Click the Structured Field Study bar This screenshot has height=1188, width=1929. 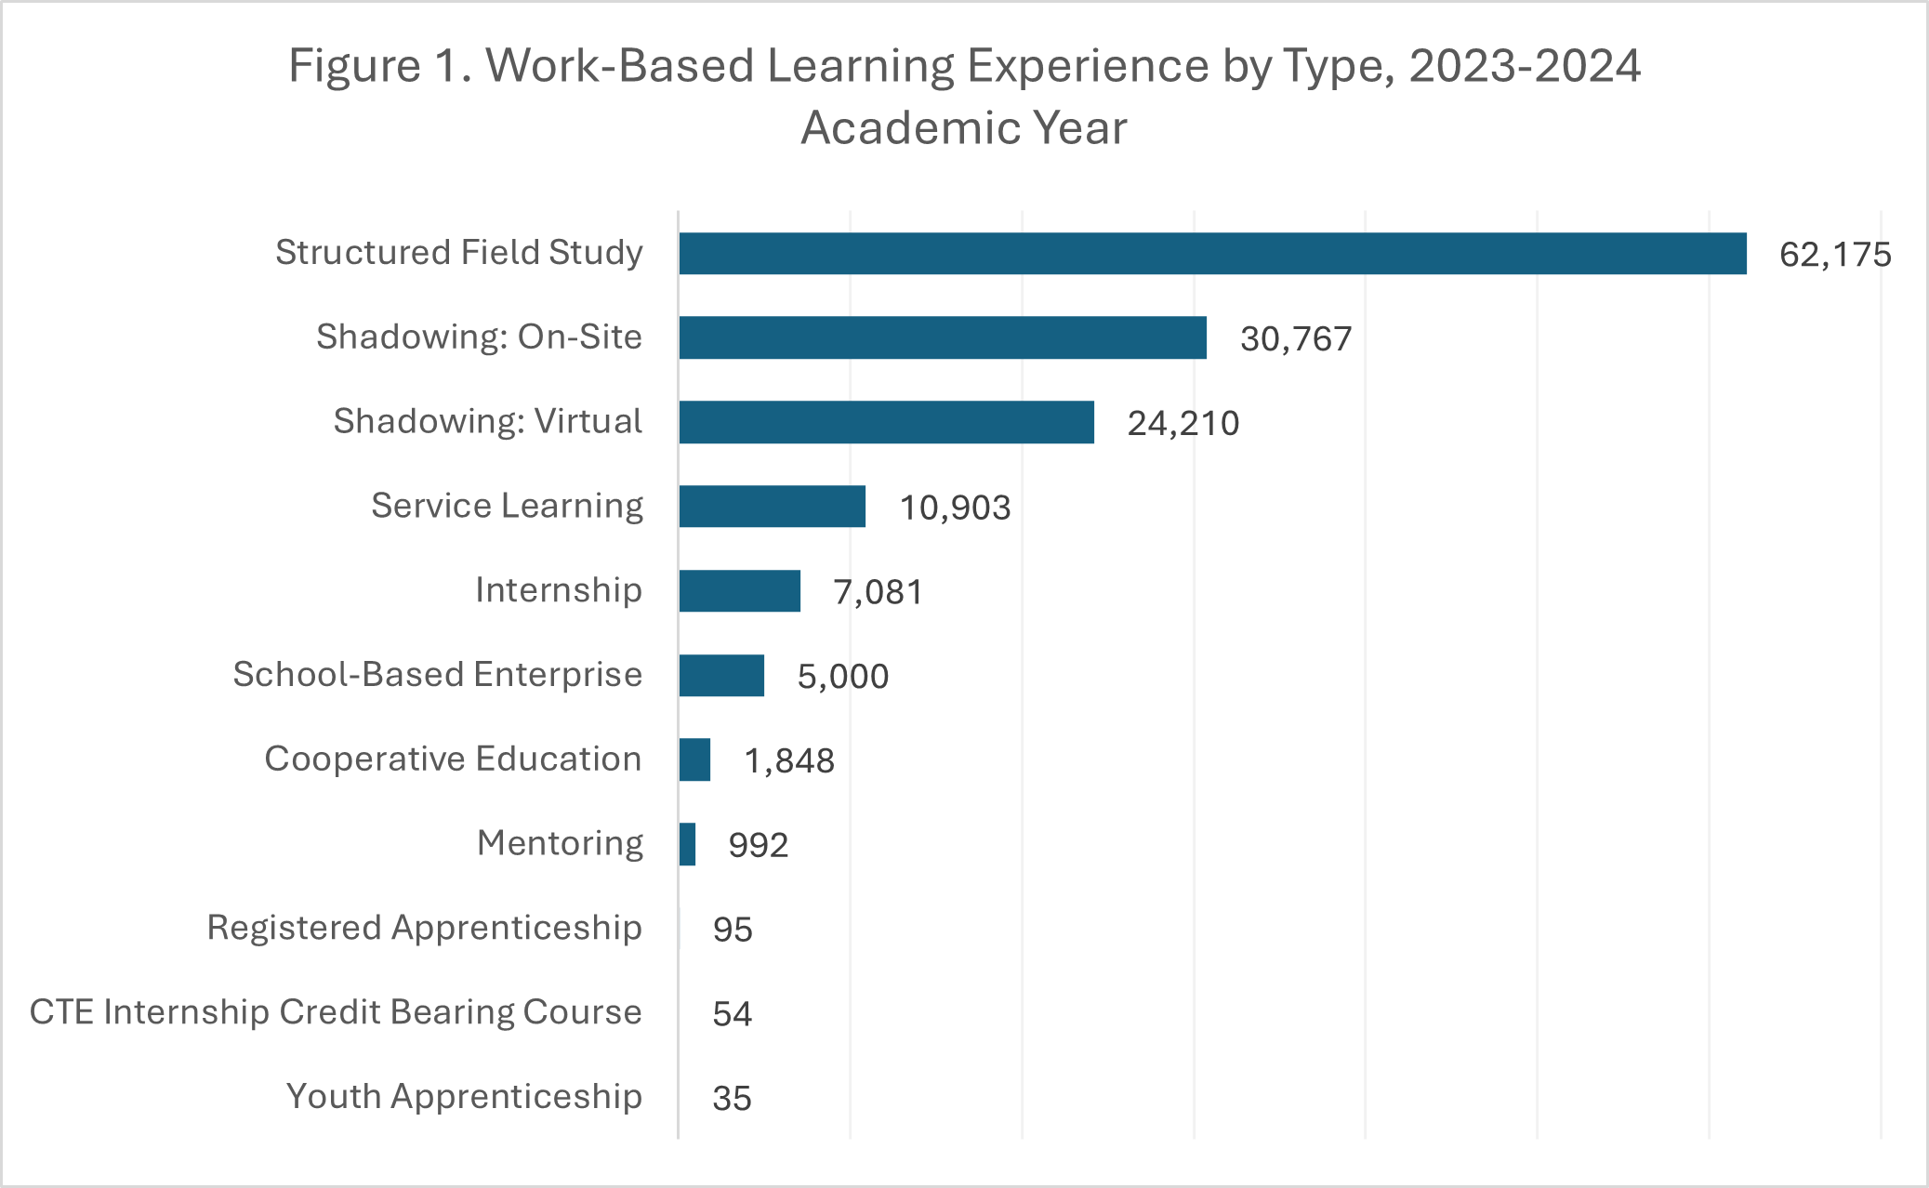pos(1212,254)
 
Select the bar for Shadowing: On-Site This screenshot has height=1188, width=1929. pos(943,337)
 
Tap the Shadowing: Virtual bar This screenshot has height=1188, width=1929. pos(886,422)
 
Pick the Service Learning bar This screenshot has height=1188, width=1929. pos(772,507)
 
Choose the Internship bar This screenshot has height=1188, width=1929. pos(739,591)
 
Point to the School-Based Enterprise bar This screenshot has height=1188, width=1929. pos(721,676)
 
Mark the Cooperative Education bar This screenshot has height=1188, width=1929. pos(694,759)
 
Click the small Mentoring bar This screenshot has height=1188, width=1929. pos(687,844)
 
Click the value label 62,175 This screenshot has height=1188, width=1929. pos(1834,255)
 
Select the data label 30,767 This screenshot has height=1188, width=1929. pos(1295,339)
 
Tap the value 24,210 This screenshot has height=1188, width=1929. pos(1183,424)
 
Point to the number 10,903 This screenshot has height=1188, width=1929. pos(955,508)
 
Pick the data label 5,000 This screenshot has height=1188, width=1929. pos(842,677)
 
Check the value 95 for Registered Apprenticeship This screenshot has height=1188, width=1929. pos(733,930)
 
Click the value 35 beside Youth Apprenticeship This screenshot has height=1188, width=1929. pos(732,1099)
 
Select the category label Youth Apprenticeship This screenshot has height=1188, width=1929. pos(464,1097)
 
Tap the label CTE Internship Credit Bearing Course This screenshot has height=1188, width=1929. pos(336,1012)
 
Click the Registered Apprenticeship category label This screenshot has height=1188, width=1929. pos(424,928)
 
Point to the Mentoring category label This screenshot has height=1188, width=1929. pos(560,843)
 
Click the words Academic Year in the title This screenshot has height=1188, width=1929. pos(964,127)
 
